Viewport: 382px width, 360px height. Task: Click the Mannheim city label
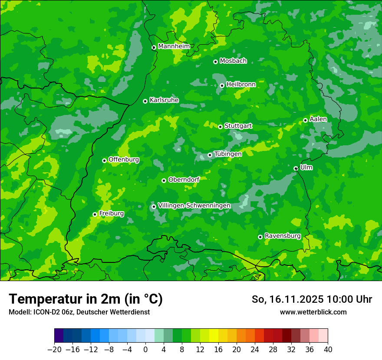coord(174,46)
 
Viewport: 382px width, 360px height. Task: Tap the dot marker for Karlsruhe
coord(145,101)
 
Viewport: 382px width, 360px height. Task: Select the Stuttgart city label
coord(238,126)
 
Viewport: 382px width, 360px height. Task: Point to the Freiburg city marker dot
coord(95,214)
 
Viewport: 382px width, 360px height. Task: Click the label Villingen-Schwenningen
coord(194,206)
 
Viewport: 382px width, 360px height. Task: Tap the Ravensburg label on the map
coord(282,236)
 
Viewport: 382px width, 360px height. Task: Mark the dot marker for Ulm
coord(296,168)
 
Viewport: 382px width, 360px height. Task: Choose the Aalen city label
coord(318,119)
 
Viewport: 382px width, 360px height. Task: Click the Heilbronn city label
coord(241,84)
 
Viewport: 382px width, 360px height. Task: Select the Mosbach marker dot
coord(215,62)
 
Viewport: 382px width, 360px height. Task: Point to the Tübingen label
coord(228,154)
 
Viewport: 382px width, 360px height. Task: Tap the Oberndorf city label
coord(184,180)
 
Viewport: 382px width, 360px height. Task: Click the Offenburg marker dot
coord(104,160)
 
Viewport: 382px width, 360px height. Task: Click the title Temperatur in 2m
coord(86,299)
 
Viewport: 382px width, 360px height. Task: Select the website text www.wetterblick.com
coord(313,312)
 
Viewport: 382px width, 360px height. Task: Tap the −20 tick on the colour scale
coord(54,350)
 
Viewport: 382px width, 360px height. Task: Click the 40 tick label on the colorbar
coord(328,350)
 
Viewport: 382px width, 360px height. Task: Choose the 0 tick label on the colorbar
coord(145,350)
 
